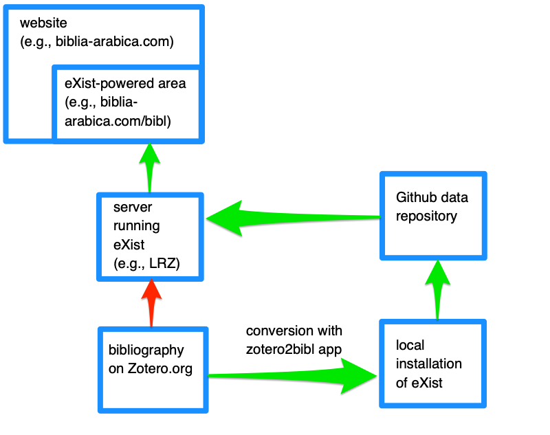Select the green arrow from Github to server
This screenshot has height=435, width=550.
coord(289,219)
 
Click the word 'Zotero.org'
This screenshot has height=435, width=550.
coord(160,368)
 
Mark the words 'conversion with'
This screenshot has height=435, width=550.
coord(294,331)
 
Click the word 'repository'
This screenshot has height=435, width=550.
coord(426,216)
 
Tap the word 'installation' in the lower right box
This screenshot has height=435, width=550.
coord(428,364)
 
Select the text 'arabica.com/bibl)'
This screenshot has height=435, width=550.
coord(118,122)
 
